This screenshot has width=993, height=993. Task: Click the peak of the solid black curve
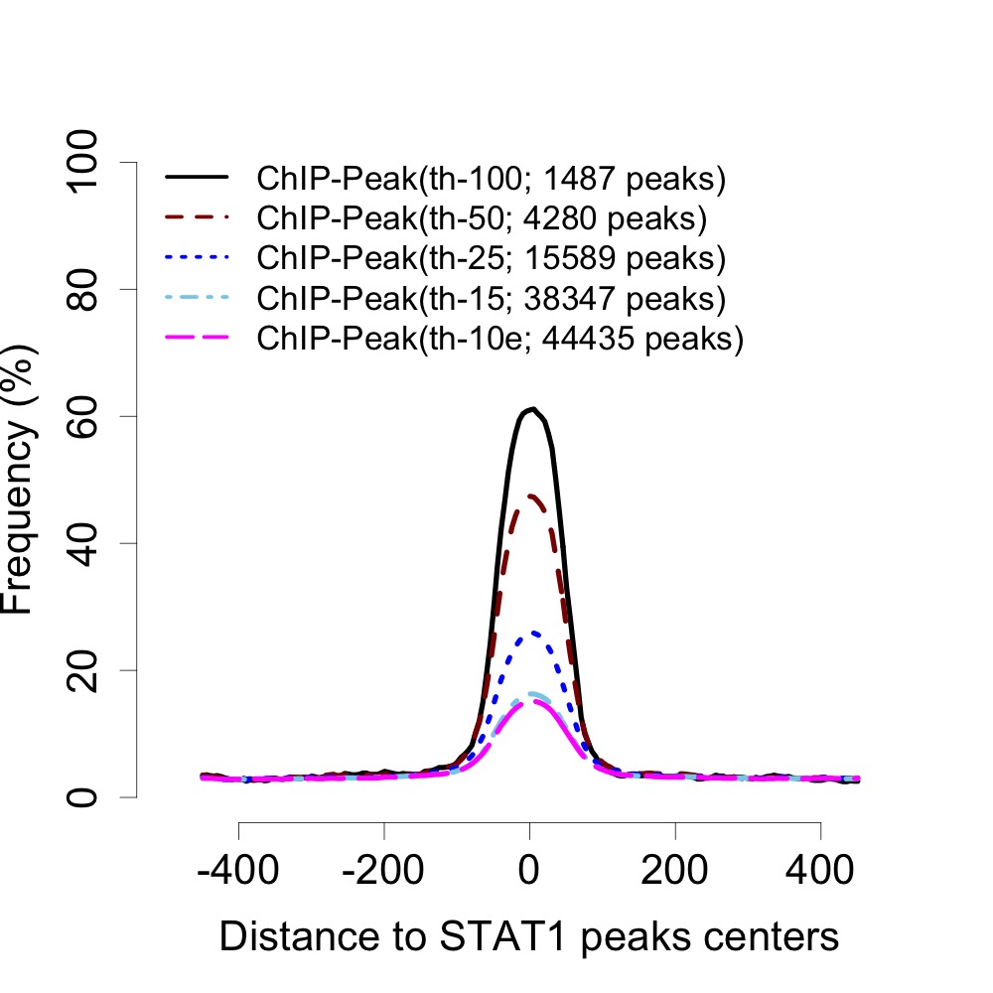[x=533, y=408]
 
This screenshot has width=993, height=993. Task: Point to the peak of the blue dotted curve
[x=533, y=632]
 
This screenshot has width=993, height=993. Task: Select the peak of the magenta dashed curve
[x=533, y=701]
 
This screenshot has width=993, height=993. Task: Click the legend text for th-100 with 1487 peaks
[x=491, y=180]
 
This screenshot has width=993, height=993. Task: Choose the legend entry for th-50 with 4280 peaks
[x=481, y=216]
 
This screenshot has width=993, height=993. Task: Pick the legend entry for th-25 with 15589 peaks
[x=491, y=257]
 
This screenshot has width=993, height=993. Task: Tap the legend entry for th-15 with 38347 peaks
[x=491, y=297]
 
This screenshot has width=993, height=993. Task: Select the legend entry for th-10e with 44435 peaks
[x=500, y=338]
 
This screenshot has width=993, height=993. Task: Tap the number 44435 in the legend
[x=589, y=338]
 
